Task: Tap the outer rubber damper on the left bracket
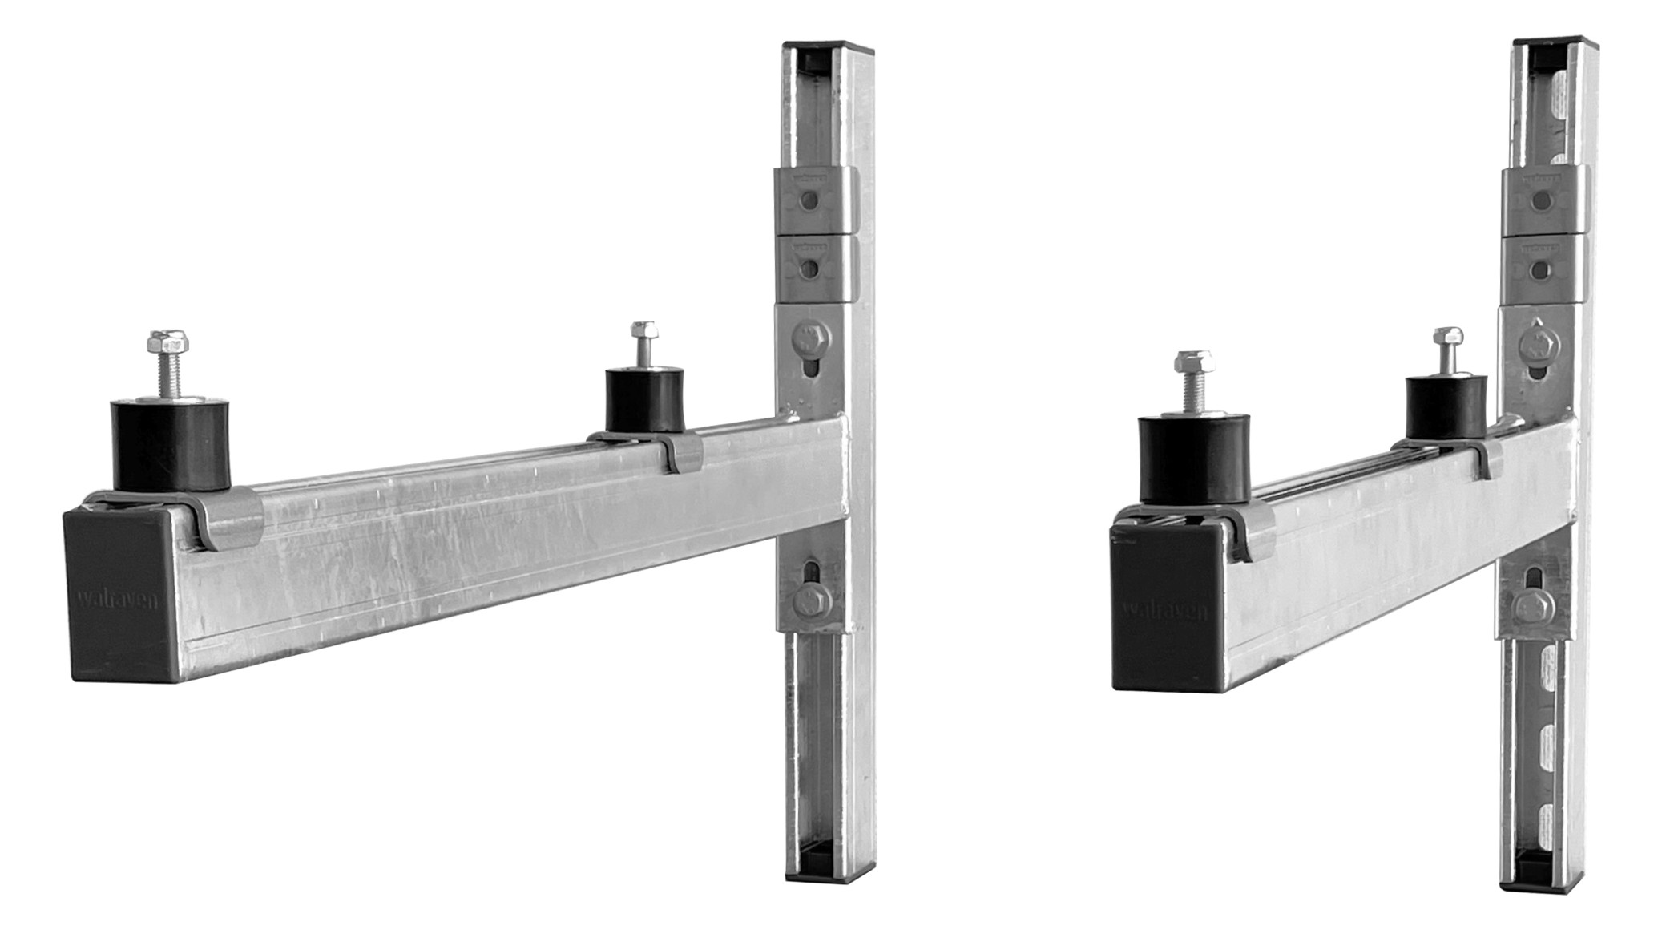(x=169, y=445)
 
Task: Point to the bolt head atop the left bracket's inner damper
(x=643, y=330)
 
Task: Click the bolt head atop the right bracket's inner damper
(x=1448, y=337)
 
